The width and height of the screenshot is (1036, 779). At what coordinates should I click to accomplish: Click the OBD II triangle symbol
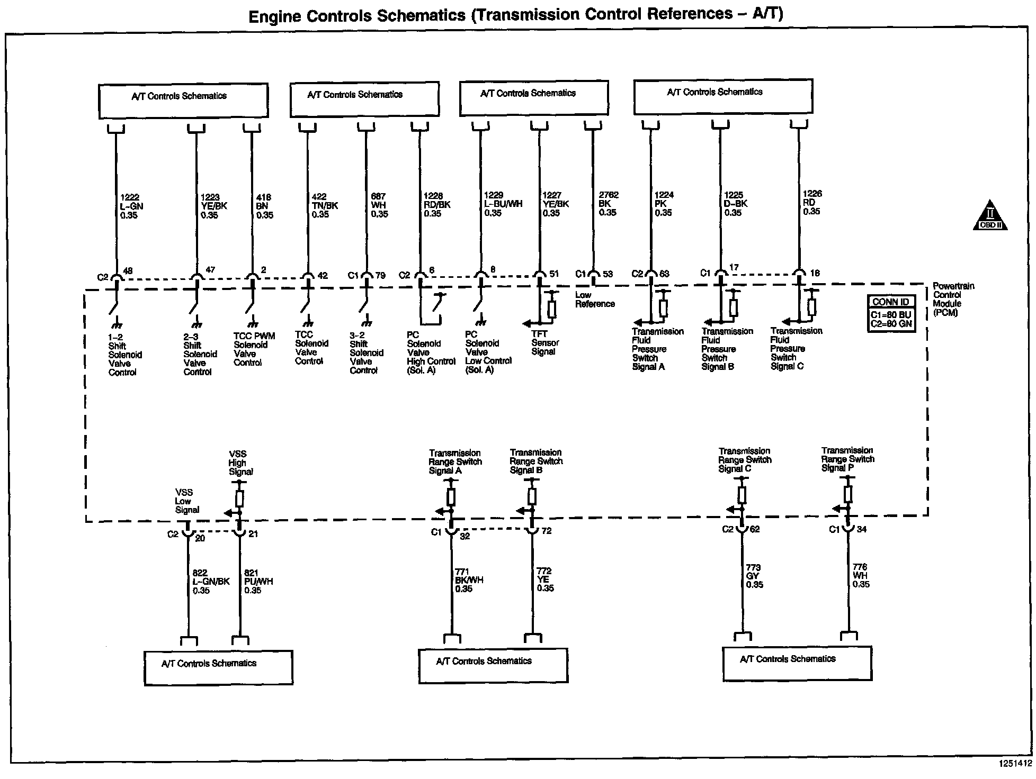990,216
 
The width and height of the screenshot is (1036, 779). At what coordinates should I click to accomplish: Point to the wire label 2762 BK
608,203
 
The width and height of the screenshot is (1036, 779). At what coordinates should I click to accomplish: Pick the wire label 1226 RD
811,202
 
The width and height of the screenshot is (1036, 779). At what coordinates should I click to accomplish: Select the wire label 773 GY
754,576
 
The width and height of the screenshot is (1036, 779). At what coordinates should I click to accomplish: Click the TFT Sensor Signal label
544,342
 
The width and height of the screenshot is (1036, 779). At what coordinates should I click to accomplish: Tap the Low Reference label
595,300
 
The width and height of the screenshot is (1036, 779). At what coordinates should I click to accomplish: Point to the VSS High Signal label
240,463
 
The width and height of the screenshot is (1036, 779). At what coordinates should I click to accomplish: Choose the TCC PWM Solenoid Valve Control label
253,349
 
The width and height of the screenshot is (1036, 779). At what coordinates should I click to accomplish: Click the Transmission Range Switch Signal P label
847,459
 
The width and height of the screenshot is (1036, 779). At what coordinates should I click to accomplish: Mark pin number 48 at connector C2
128,271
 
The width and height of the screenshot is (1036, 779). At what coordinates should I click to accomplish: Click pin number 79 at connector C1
381,275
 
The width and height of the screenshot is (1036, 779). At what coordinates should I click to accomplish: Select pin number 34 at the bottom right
861,529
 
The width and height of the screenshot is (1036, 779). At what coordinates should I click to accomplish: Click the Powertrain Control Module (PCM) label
953,299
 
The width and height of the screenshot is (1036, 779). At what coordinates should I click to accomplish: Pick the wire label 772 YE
544,579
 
